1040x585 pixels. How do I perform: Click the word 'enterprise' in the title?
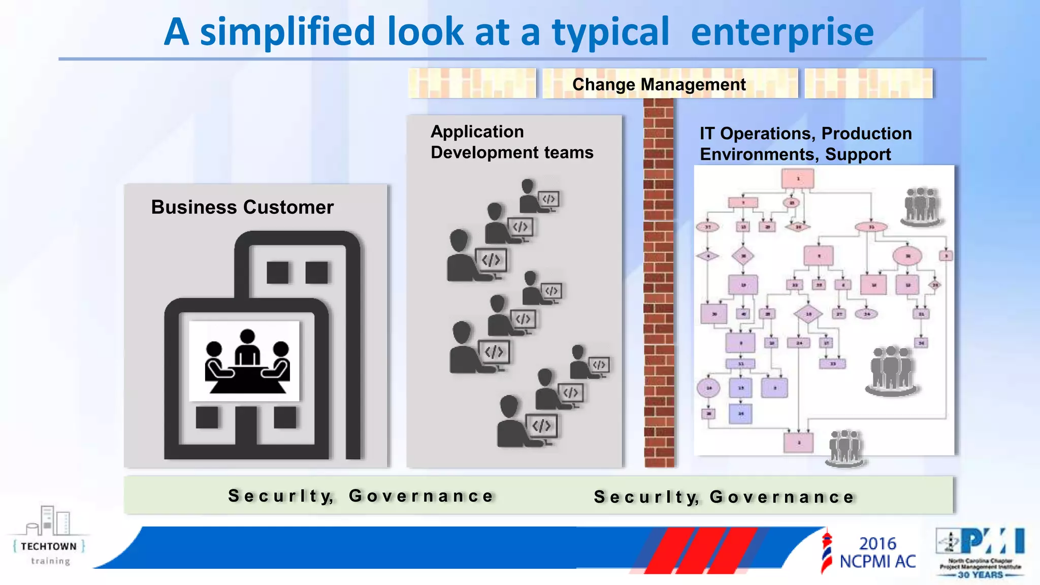782,32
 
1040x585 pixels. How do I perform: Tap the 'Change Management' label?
659,84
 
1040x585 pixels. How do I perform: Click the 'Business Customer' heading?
242,207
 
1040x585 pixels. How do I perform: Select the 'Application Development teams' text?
511,142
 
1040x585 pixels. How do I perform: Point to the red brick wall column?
659,284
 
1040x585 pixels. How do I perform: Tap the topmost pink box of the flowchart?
798,179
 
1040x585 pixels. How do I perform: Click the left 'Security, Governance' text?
361,496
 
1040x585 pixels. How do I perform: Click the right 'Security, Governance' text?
724,497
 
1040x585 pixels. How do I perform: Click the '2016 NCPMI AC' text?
877,552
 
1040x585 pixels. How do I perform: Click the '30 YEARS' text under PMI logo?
980,575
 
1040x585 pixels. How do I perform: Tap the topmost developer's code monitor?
548,199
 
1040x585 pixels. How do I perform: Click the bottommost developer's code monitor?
541,426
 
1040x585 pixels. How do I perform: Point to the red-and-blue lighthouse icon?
826,551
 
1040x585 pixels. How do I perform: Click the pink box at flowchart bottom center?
798,442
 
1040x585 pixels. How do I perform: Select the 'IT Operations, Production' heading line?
805,134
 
